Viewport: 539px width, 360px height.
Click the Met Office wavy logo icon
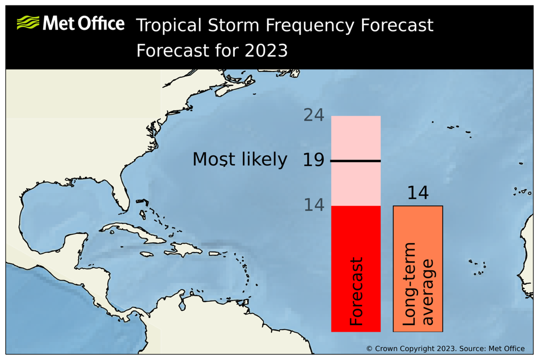pos(28,23)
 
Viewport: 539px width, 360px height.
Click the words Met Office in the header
pos(83,23)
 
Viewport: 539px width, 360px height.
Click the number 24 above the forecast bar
pos(314,115)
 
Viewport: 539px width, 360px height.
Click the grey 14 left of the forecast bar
pos(314,205)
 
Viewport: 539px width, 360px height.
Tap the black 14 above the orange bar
pos(417,193)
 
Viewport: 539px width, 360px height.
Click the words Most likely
pos(239,159)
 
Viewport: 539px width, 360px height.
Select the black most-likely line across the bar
pos(356,161)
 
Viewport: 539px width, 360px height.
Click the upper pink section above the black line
pos(356,137)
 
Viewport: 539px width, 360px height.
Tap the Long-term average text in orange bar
pos(418,284)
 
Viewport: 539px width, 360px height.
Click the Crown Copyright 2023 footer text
pos(445,348)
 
